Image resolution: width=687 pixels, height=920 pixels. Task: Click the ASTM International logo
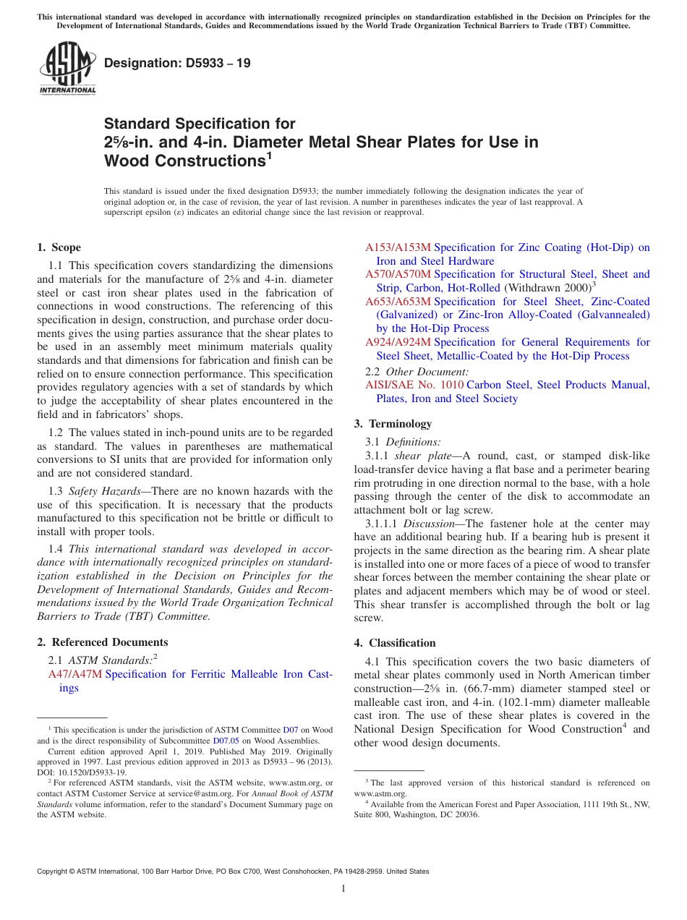pyautogui.click(x=67, y=69)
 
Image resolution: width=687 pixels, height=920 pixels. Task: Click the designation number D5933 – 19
pyautogui.click(x=177, y=63)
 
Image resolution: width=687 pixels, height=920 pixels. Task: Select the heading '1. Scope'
pyautogui.click(x=59, y=247)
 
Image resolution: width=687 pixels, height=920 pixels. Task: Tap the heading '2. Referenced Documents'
pyautogui.click(x=103, y=642)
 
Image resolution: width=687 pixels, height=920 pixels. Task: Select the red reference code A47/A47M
pyautogui.click(x=75, y=674)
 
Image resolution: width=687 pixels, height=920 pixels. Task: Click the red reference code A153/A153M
pyautogui.click(x=398, y=247)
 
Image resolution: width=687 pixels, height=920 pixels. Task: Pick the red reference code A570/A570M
pyautogui.click(x=398, y=274)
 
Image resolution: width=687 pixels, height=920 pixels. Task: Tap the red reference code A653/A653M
pyautogui.click(x=398, y=301)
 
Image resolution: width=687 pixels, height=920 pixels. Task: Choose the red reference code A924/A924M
pyautogui.click(x=398, y=341)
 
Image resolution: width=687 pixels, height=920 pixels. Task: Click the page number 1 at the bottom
pyautogui.click(x=343, y=889)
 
